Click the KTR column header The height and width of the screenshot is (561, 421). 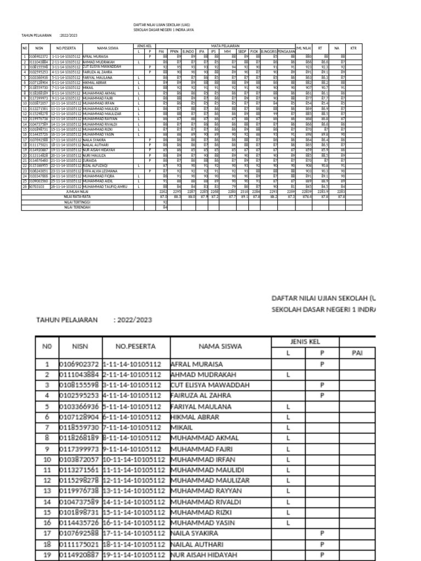point(353,48)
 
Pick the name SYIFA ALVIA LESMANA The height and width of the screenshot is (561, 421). point(102,171)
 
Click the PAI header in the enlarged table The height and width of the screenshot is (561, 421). point(357,353)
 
